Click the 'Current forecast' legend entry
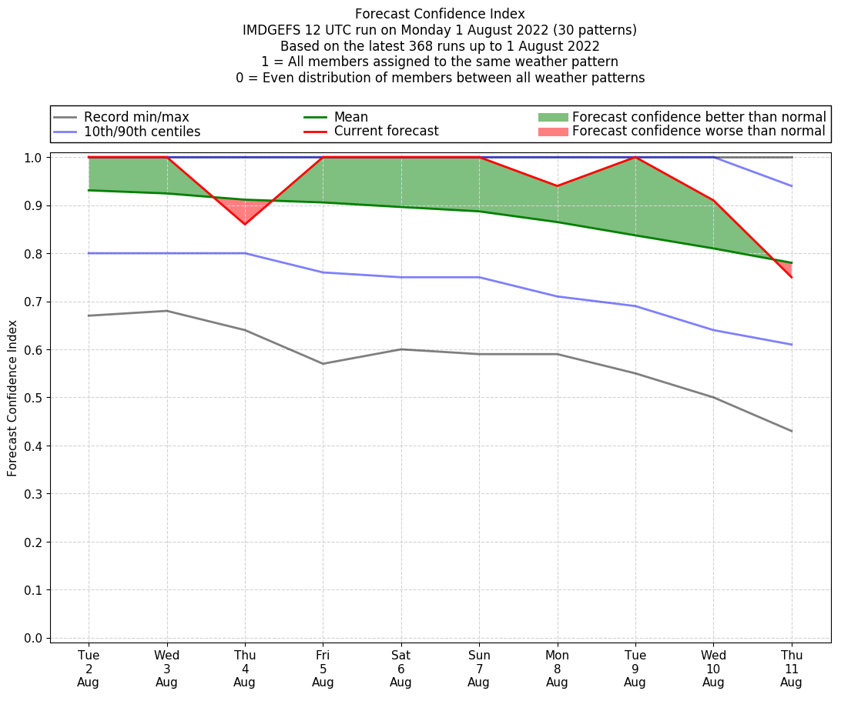tap(386, 132)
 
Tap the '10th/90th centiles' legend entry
tap(142, 132)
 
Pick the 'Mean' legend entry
tap(350, 117)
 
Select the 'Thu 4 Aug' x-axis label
tap(245, 669)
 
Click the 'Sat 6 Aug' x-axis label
tap(400, 669)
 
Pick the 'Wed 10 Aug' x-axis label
tap(713, 669)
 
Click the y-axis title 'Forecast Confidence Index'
tap(13, 398)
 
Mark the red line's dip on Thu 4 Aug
tap(245, 224)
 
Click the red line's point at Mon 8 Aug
tap(557, 186)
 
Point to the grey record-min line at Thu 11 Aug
tap(791, 431)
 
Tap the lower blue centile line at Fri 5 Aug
tap(323, 272)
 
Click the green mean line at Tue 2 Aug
tap(89, 190)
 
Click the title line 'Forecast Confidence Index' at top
tap(440, 14)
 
